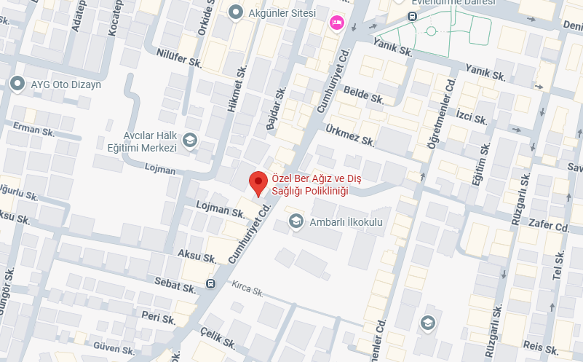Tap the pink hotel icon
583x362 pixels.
(x=336, y=23)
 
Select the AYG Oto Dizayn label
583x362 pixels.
(x=66, y=84)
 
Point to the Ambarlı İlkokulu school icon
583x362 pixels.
(x=296, y=221)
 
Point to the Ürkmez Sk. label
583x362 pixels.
(x=350, y=134)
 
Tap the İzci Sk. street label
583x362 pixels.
(x=472, y=115)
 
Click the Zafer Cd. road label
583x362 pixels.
(x=549, y=226)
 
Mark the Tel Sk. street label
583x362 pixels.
(x=558, y=265)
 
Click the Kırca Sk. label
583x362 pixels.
(x=247, y=290)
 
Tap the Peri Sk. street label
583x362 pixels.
(x=159, y=318)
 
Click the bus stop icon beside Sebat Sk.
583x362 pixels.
(x=210, y=283)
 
